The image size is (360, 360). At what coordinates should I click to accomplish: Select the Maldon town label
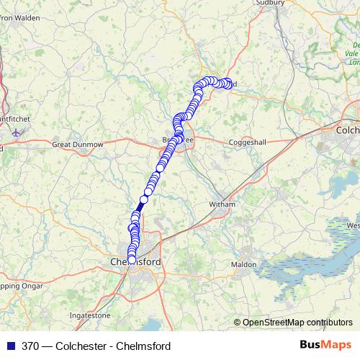point(243,265)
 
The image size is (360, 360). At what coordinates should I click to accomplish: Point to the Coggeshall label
point(247,143)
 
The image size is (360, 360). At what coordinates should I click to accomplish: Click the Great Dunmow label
point(78,145)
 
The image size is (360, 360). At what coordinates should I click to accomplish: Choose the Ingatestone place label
point(90,315)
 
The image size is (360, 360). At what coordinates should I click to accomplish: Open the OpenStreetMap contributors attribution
point(297,322)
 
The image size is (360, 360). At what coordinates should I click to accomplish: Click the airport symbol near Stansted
point(17,132)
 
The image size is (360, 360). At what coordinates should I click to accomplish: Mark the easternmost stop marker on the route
point(230,83)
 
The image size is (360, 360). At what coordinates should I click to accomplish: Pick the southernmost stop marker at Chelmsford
point(132,261)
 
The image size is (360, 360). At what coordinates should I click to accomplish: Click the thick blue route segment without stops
point(141,204)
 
